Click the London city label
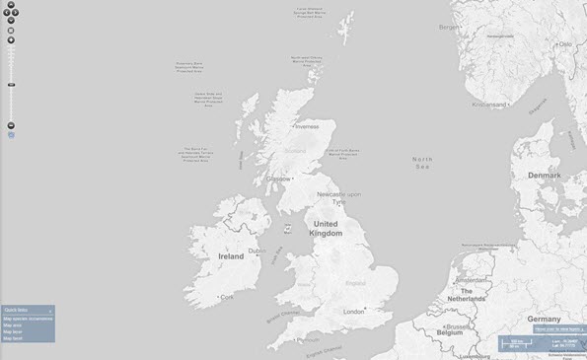point(353,312)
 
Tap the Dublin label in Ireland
point(258,251)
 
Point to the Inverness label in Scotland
point(308,126)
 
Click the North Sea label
point(422,163)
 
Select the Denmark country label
point(544,175)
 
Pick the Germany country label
point(544,320)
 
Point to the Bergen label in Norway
point(449,28)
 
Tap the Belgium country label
point(461,333)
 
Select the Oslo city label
point(565,44)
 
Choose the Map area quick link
point(13,324)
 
